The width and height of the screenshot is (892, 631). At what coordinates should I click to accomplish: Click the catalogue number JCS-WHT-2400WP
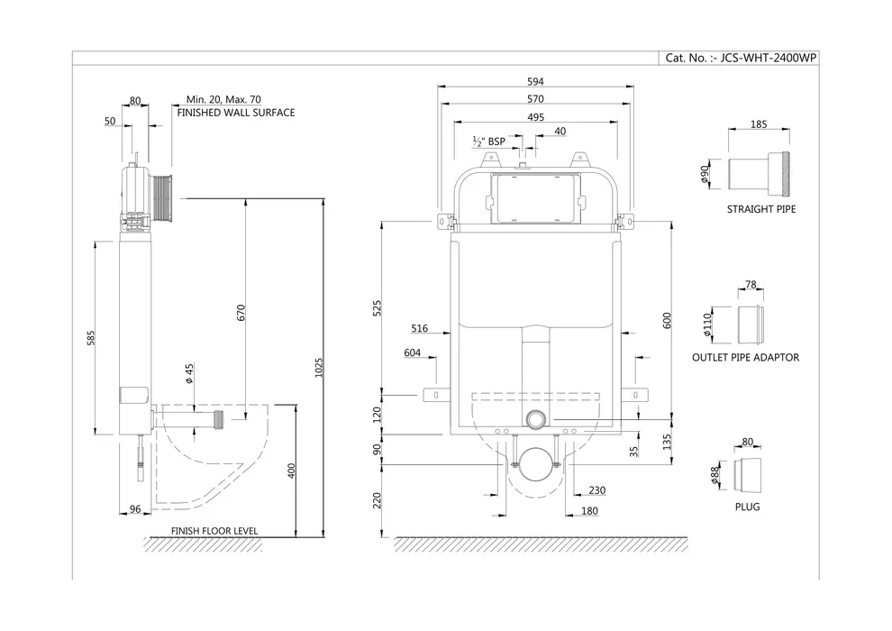click(x=742, y=58)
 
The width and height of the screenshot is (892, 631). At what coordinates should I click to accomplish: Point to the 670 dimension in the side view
click(x=241, y=312)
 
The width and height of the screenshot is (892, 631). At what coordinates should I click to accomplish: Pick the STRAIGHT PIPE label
click(x=761, y=209)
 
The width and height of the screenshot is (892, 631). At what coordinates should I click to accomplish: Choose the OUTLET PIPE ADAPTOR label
click(x=745, y=358)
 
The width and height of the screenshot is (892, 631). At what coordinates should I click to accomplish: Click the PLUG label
click(x=747, y=507)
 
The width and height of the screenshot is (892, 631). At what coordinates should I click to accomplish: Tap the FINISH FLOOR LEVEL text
click(x=214, y=531)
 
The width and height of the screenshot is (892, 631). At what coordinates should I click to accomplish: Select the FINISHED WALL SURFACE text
click(x=235, y=113)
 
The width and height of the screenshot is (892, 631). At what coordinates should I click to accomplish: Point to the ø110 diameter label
click(x=707, y=324)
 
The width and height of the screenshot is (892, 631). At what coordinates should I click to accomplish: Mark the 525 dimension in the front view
click(x=378, y=307)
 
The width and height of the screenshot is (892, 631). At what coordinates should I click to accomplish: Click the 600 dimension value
click(x=668, y=320)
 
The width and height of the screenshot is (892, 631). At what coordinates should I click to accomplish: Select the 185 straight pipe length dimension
click(x=759, y=125)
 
